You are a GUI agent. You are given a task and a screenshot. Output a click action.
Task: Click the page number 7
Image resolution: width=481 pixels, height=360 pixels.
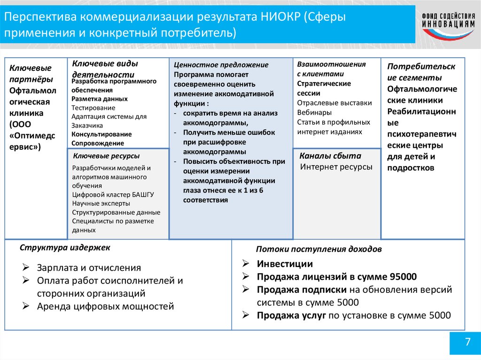coord(467,342)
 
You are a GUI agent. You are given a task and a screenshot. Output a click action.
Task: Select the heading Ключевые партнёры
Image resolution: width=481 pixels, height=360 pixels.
coord(31,74)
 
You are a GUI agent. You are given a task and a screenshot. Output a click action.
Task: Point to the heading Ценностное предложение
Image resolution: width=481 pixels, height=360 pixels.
coord(221,65)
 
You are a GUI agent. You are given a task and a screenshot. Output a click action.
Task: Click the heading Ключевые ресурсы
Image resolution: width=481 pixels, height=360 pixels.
coord(107,156)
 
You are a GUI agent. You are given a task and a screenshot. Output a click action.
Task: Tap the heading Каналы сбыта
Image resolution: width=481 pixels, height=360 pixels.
coord(330,156)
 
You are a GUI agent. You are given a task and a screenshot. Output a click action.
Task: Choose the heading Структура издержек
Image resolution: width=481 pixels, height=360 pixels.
coord(65,247)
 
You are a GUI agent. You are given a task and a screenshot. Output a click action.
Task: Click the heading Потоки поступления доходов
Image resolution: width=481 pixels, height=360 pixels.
coord(318,249)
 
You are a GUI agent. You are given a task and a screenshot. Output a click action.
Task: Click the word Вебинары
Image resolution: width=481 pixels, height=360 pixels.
coord(314,113)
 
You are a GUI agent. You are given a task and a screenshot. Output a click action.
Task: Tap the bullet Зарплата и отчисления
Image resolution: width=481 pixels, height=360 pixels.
coord(89,268)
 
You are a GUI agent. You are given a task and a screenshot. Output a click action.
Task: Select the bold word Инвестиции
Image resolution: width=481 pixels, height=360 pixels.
coord(285,264)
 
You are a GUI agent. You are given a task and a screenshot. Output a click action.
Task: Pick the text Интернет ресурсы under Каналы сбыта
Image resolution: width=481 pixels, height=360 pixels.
coord(336,167)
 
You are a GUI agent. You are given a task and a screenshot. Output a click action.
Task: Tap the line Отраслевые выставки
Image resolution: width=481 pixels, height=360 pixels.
coord(334,103)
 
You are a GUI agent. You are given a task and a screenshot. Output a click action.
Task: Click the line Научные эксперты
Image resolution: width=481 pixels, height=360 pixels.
coord(101,203)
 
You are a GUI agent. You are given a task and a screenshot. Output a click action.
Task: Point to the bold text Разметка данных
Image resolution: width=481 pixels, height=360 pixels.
coord(100,99)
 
